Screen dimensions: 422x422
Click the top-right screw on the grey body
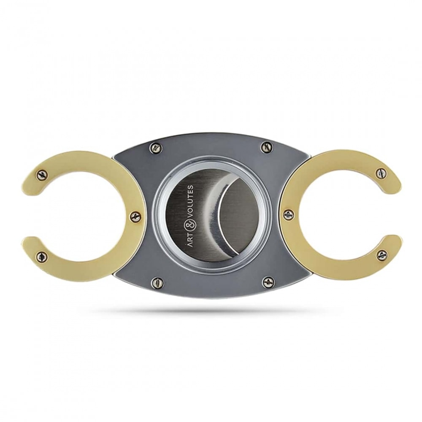[265, 147]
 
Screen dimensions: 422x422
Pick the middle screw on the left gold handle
[135, 215]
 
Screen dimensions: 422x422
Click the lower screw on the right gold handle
[381, 254]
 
